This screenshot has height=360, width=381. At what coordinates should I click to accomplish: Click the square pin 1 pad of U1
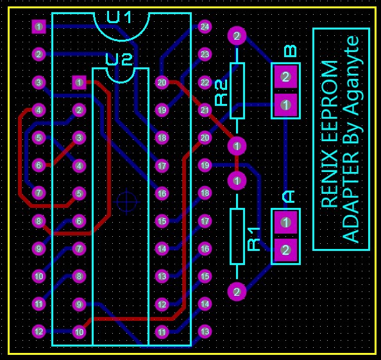pos(38,26)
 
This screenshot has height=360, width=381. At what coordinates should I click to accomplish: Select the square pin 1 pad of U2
pos(79,82)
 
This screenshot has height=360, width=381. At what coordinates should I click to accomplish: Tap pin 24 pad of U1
pos(205,26)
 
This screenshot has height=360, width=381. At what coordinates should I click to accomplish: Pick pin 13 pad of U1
pos(205,331)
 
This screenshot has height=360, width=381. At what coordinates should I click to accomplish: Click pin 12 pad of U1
pos(38,331)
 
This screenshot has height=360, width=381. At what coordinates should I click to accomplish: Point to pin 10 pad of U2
pos(79,332)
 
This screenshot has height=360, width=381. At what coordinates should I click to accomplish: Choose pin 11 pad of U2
pos(162,332)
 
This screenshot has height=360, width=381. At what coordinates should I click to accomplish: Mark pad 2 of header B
pos(285,77)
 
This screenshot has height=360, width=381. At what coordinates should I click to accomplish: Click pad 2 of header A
pos(285,250)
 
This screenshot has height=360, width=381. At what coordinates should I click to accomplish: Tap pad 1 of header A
pos(285,222)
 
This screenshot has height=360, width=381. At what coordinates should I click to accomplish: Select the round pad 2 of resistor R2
pos(237,36)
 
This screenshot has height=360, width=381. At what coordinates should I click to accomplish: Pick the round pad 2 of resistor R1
pos(237,291)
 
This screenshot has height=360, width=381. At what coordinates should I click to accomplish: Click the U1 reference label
pos(119,17)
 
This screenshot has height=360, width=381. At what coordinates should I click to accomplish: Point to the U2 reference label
pos(119,60)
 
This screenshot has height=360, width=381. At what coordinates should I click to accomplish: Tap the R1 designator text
pos(254,239)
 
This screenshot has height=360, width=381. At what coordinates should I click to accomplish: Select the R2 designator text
pos(221,92)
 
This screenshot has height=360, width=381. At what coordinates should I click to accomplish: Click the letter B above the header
pos(291,51)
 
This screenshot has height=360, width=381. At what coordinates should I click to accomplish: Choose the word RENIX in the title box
pos(329,182)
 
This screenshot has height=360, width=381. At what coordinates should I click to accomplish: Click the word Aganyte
pos(350,75)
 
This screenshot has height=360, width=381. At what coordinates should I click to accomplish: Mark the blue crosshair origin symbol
pos(126,201)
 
